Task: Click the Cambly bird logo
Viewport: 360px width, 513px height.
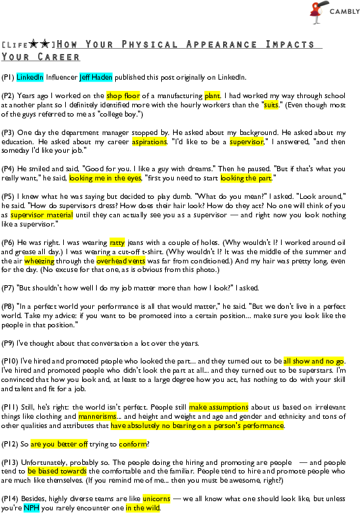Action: (x=317, y=12)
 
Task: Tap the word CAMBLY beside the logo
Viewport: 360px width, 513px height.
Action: (x=345, y=12)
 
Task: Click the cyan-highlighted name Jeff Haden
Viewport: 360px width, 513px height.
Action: (x=96, y=77)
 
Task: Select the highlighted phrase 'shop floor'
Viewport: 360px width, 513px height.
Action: (x=123, y=95)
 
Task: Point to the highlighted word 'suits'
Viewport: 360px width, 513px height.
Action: (x=271, y=105)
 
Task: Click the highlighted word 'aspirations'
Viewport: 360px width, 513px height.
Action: (x=149, y=142)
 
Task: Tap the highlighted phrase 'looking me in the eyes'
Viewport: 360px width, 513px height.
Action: (x=105, y=178)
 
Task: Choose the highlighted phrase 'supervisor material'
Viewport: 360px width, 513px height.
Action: (x=41, y=215)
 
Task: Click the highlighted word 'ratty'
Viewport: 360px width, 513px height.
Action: (x=117, y=243)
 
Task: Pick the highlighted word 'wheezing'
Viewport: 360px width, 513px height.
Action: (x=39, y=261)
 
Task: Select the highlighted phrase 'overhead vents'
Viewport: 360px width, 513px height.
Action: (x=120, y=261)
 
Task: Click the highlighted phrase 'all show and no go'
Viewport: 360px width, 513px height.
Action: (x=313, y=361)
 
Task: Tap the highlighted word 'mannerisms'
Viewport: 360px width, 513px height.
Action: (x=97, y=416)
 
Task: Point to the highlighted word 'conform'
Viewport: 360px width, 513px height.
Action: (x=133, y=445)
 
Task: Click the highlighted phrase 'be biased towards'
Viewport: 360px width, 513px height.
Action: (x=57, y=471)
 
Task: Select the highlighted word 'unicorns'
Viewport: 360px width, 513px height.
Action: (x=156, y=499)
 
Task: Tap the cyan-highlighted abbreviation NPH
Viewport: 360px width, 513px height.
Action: (x=32, y=508)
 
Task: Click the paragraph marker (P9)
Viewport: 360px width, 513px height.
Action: (x=8, y=344)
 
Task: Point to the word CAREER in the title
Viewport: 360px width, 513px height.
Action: (x=59, y=57)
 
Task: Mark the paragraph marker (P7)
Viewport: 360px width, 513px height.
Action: (x=8, y=288)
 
